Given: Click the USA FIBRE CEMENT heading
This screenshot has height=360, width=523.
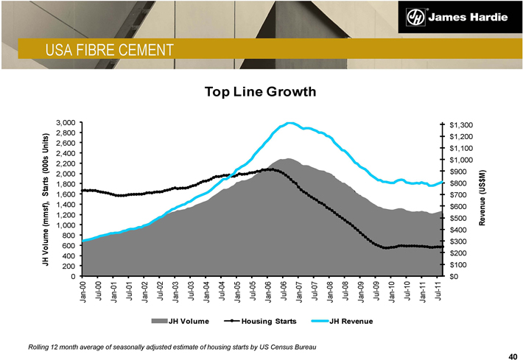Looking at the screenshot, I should click(108, 50).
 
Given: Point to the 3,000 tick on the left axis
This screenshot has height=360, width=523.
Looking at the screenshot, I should click(67, 122).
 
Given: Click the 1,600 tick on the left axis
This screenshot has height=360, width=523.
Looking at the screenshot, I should click(67, 194).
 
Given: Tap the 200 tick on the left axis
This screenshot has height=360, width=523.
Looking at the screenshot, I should click(70, 267).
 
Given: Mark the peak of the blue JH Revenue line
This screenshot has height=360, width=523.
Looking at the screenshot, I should click(289, 123).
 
